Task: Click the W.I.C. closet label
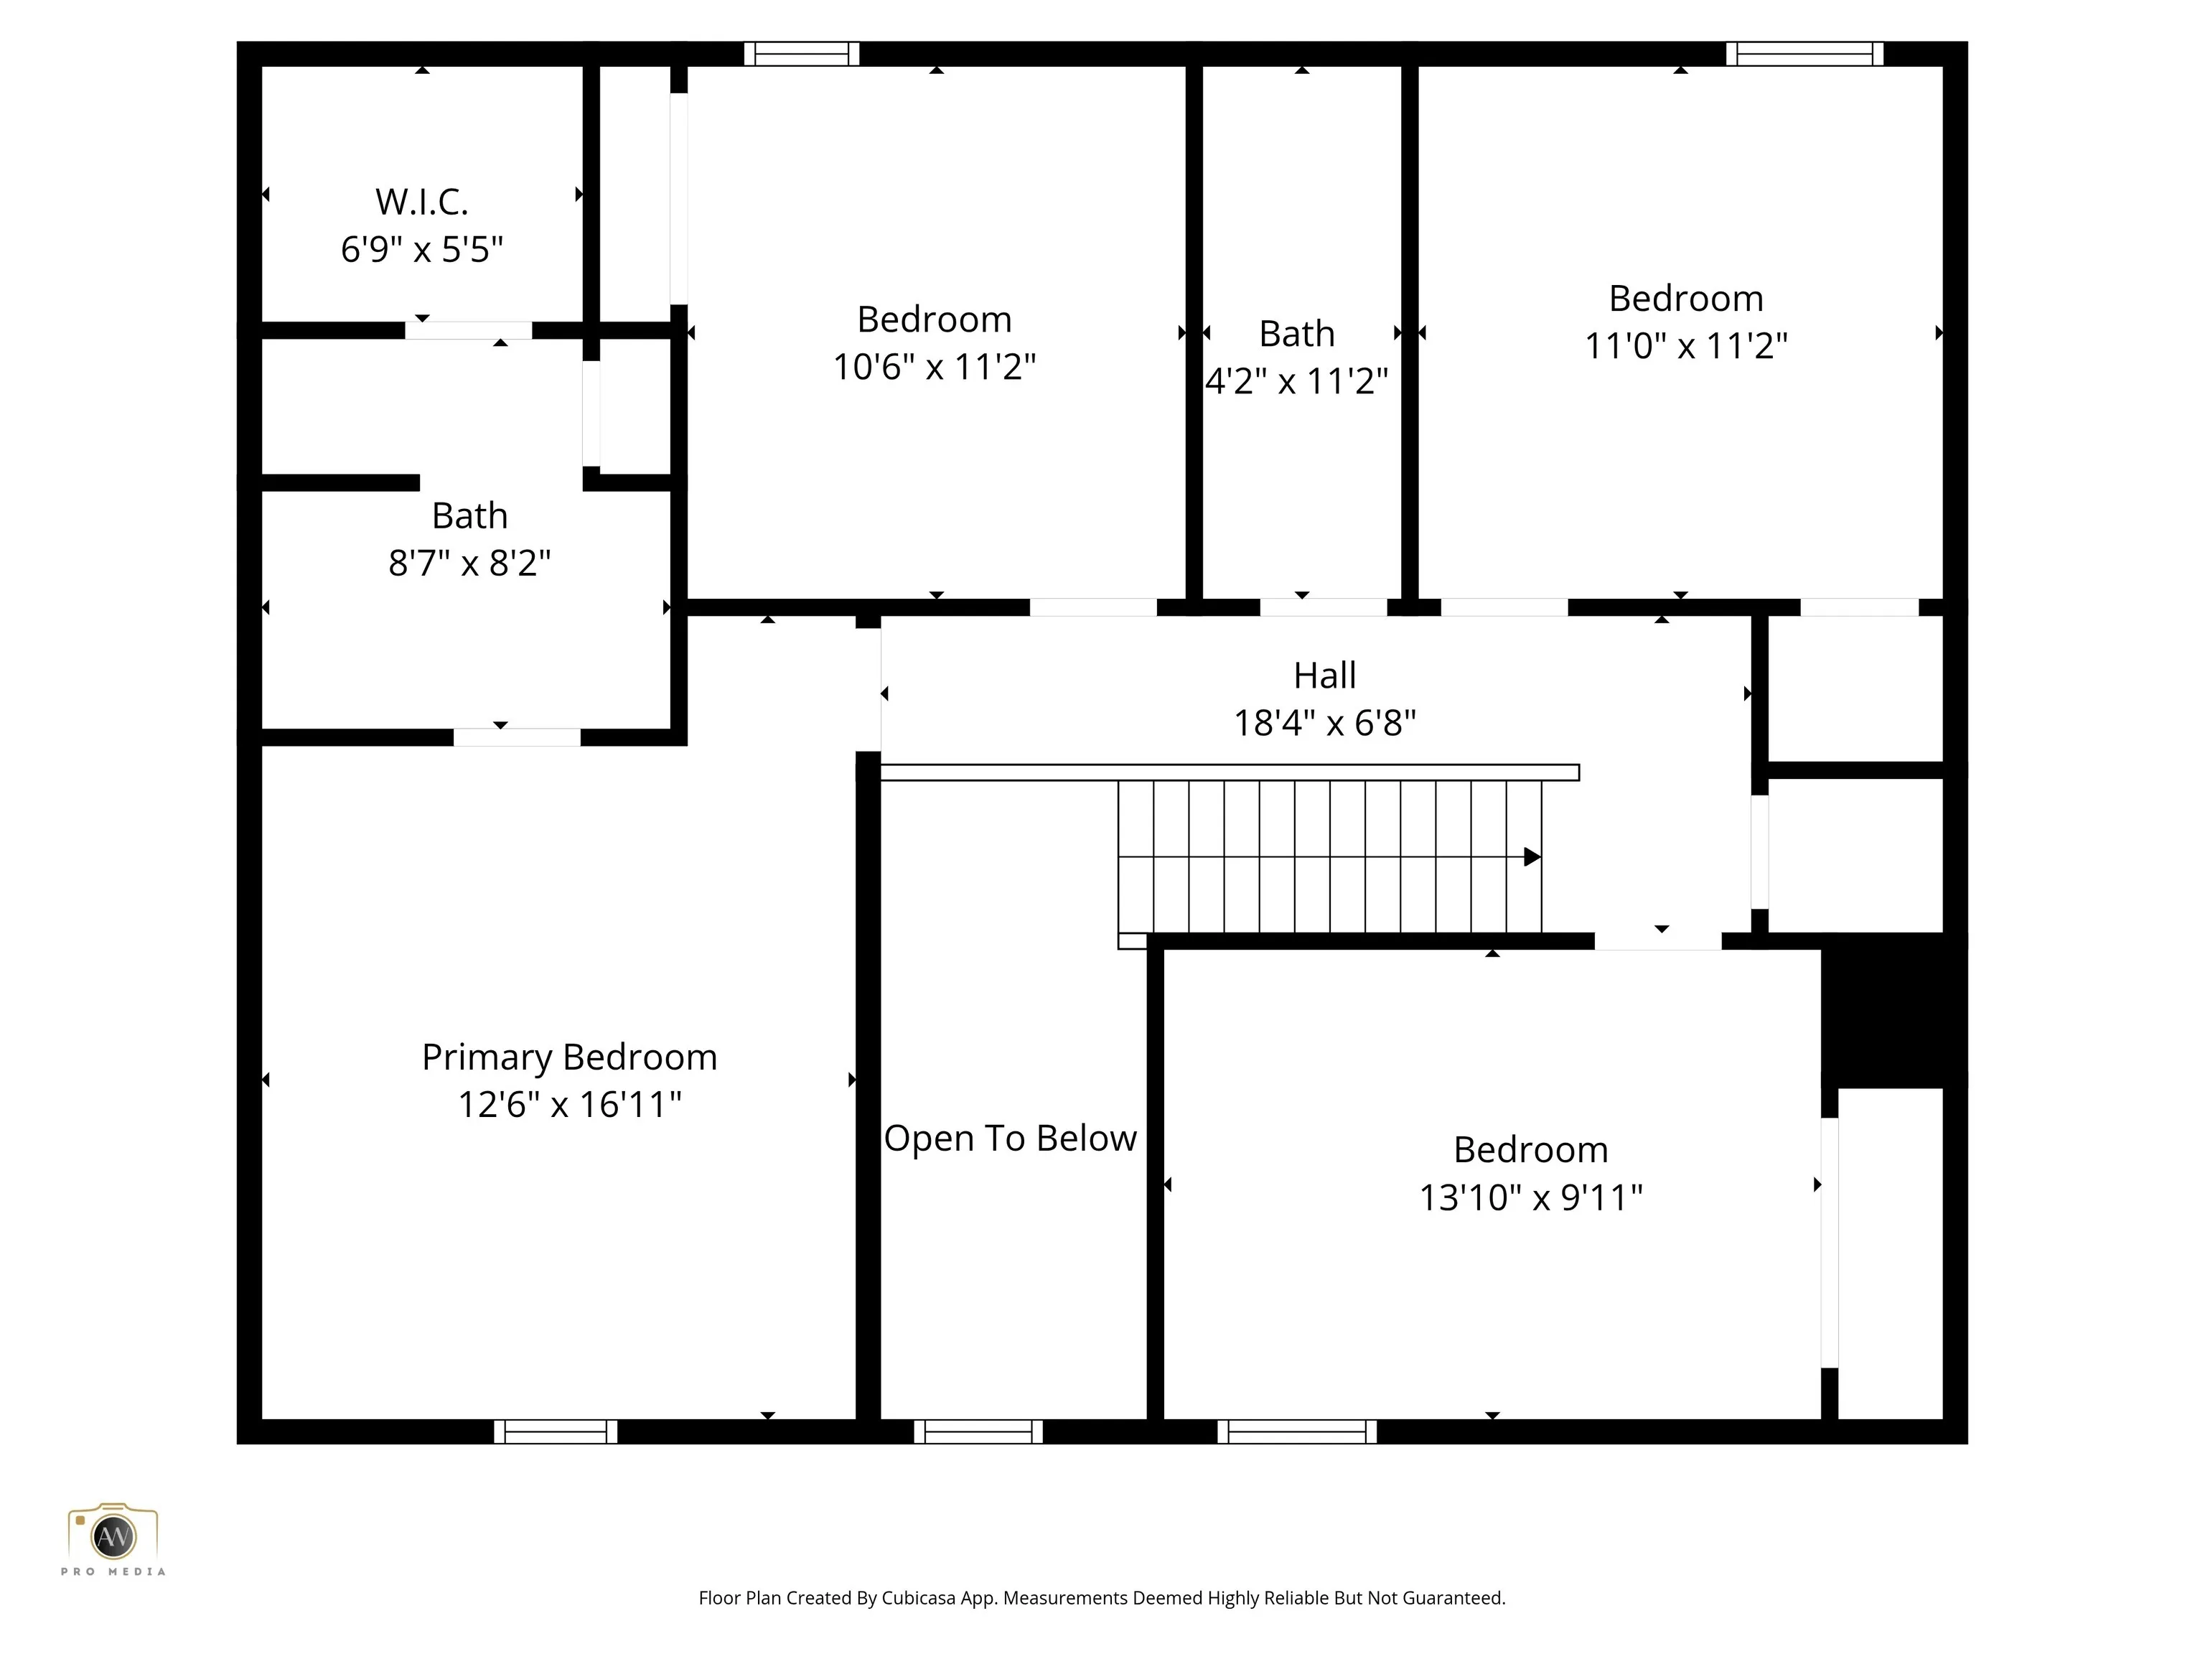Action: point(421,202)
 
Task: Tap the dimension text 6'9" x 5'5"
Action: point(421,248)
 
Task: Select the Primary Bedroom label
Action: point(569,1057)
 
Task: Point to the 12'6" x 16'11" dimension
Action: point(569,1103)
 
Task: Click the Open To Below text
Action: point(1010,1139)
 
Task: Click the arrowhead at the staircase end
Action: point(1533,856)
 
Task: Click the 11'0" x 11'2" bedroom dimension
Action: point(1685,345)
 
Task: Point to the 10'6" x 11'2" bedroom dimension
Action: point(934,366)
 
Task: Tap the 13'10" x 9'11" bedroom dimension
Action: point(1530,1197)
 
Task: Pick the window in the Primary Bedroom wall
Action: point(556,1431)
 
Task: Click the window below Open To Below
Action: point(978,1431)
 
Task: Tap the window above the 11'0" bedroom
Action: point(1804,54)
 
